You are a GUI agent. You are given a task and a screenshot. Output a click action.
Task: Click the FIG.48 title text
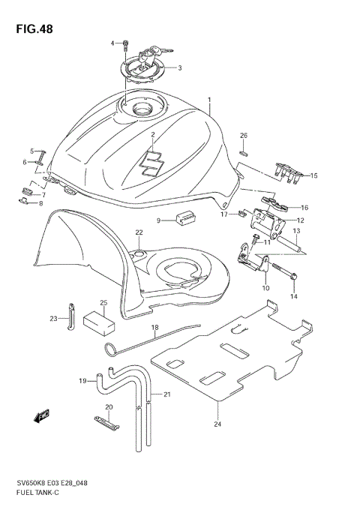31,28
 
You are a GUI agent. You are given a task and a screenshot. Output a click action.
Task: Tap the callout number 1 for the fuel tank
209,100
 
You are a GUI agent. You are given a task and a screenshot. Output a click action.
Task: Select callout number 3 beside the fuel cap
180,67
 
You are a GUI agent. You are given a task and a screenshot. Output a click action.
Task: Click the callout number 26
243,136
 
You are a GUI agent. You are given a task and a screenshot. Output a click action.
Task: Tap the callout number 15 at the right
313,176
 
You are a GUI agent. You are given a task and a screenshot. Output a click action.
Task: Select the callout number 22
139,232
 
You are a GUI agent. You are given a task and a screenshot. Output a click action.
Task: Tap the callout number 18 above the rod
154,328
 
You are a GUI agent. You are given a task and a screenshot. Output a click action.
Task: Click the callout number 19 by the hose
84,381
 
